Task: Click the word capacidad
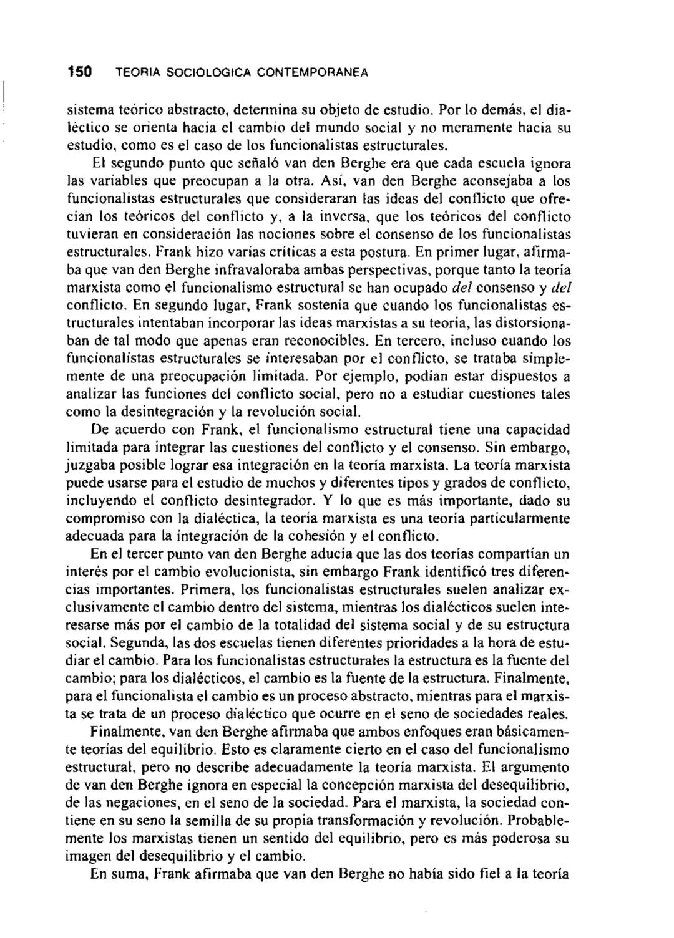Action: pos(535,430)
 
